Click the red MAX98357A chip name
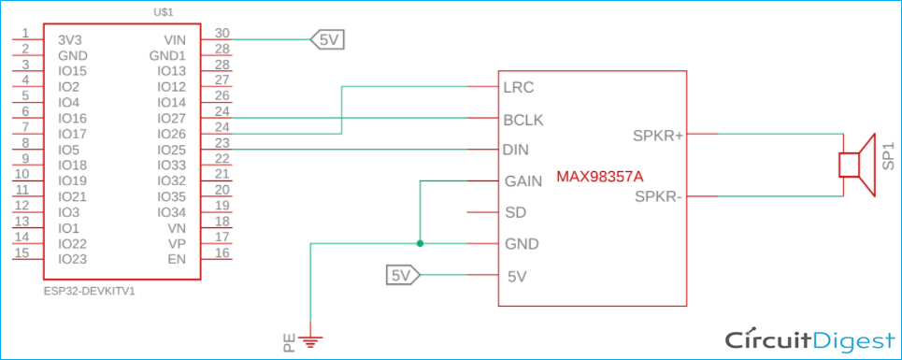[x=600, y=176]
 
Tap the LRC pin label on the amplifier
[x=519, y=88]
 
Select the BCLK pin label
[x=523, y=120]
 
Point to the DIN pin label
[x=517, y=150]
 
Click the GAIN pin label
[x=523, y=181]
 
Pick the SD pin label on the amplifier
[x=514, y=212]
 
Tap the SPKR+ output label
[x=658, y=136]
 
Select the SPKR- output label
[x=659, y=196]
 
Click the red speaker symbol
[x=855, y=166]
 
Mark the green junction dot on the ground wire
[x=421, y=244]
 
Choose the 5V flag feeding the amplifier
[x=402, y=275]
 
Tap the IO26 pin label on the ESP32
[x=172, y=135]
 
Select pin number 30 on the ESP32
[x=222, y=33]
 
